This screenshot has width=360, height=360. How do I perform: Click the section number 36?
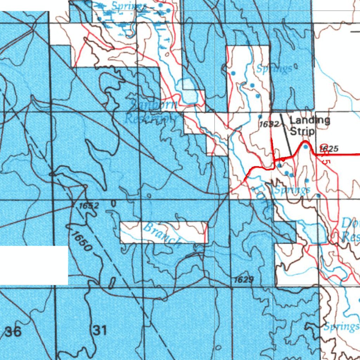(x=13, y=331)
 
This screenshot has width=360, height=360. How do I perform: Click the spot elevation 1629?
(x=244, y=279)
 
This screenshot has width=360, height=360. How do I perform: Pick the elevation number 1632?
(x=269, y=124)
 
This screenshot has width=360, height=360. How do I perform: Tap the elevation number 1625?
(x=329, y=149)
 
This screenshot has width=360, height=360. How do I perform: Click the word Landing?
(x=310, y=121)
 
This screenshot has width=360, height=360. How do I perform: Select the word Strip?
(x=302, y=132)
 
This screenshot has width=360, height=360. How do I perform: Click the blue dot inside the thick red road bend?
(x=306, y=147)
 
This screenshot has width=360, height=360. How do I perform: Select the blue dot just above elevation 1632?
(x=260, y=116)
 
